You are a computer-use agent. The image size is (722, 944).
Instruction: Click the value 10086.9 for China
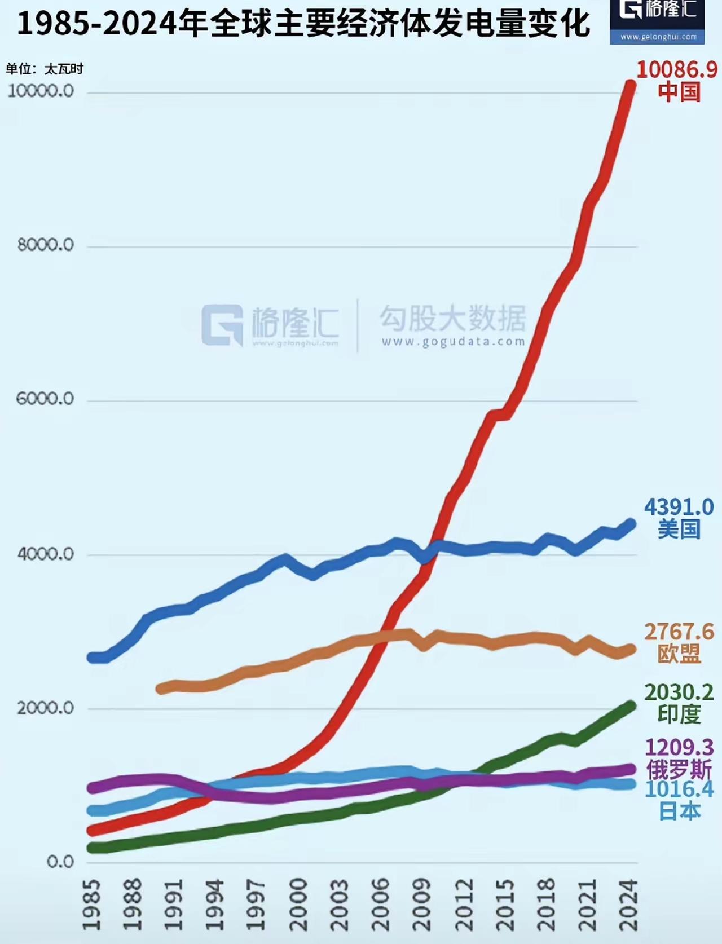tap(677, 69)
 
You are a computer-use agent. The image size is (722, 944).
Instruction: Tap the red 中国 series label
tap(679, 92)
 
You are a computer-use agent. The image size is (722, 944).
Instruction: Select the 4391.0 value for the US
tap(679, 507)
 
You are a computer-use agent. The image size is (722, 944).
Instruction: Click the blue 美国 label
tap(679, 530)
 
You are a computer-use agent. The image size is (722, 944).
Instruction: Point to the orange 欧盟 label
tap(679, 654)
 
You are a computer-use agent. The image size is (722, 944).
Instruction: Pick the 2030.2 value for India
tap(679, 692)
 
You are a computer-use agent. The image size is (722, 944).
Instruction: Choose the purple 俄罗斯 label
tap(679, 770)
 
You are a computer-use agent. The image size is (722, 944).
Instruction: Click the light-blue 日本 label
tap(679, 811)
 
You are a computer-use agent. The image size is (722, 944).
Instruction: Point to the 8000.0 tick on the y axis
tap(45, 245)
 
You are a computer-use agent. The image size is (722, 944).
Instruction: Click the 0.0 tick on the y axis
tap(60, 862)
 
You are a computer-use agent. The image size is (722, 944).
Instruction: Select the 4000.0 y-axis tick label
tap(45, 554)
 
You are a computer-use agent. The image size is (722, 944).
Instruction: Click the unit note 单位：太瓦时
tap(45, 69)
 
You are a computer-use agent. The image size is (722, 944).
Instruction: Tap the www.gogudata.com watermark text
tap(453, 342)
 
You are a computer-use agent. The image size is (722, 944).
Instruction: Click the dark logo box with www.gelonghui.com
tap(657, 21)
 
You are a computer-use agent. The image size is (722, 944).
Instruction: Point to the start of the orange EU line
tap(161, 689)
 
